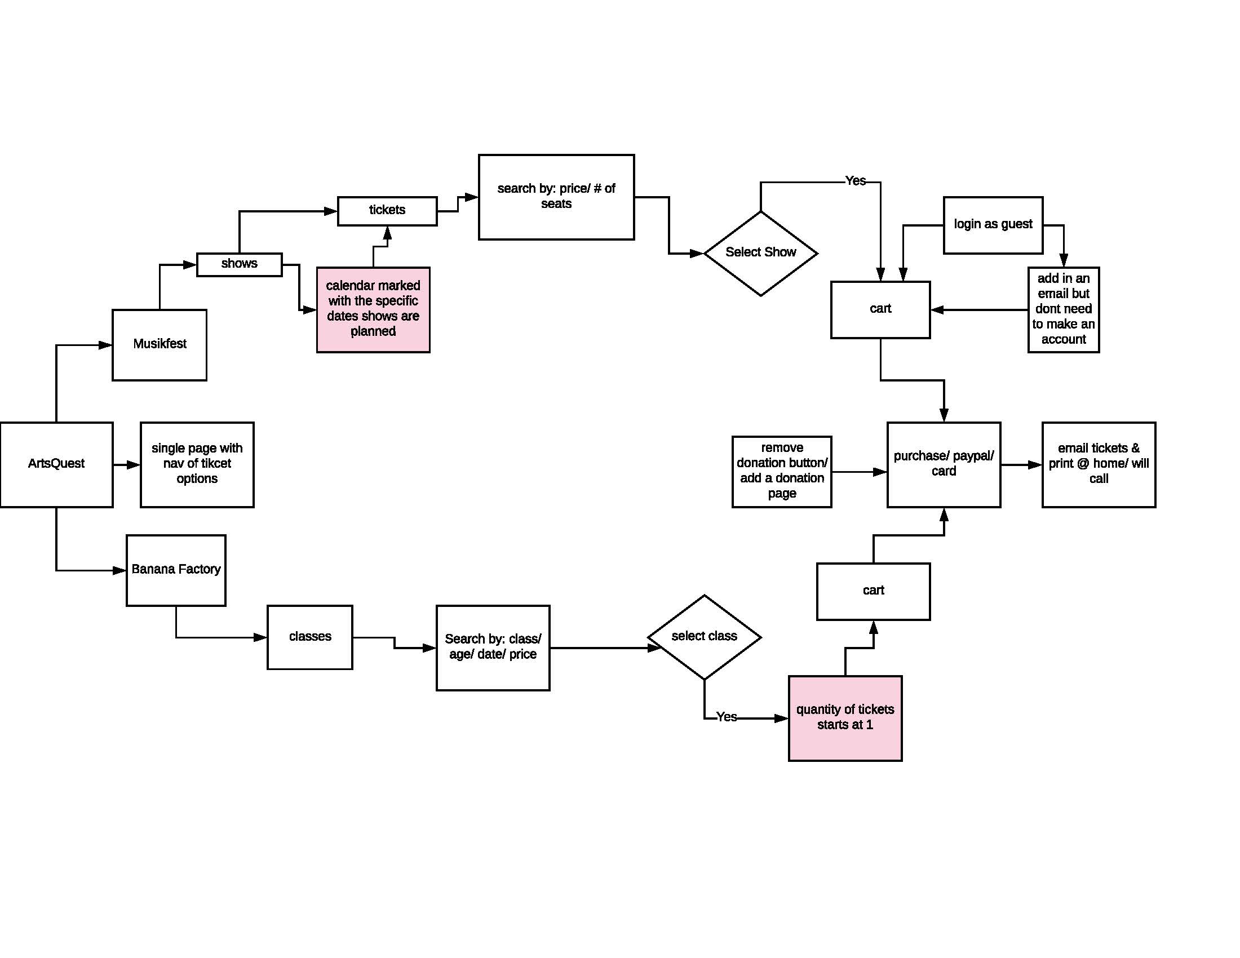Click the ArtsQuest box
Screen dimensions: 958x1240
pos(56,464)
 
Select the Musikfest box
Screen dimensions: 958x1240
pos(160,344)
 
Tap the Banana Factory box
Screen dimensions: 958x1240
pos(176,570)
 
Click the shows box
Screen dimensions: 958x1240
pos(239,264)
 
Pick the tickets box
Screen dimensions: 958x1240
pos(387,211)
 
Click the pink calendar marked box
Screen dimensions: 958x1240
pos(373,309)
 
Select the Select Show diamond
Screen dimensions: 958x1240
pos(760,253)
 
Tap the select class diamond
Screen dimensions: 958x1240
pos(704,637)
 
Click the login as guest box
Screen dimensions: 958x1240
pos(993,225)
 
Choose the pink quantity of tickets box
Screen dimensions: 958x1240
pos(845,718)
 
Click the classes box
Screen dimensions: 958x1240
pos(310,637)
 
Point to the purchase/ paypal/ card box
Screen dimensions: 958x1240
pos(944,464)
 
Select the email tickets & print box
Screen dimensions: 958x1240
pos(1098,464)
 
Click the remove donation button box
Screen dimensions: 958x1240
pos(782,471)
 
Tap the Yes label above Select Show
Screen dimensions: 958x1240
pos(855,181)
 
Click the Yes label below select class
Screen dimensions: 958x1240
pos(726,717)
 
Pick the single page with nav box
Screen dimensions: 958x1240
pos(197,464)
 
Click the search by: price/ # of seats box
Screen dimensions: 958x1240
pos(556,196)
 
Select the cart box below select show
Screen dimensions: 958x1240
pos(880,309)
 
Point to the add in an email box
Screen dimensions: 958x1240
pos(1063,309)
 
